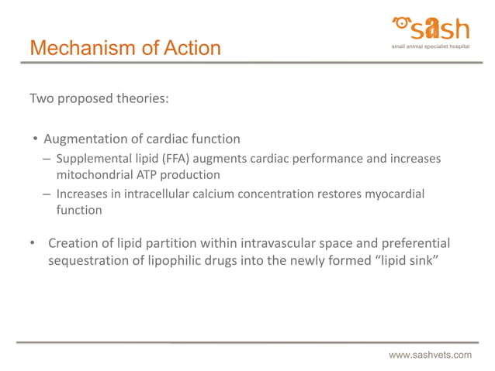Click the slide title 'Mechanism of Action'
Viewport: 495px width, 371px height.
coord(125,48)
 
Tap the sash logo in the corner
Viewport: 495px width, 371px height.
coord(431,29)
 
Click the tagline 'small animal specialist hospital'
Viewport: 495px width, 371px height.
coord(431,46)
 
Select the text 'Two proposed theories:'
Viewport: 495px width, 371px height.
coord(99,99)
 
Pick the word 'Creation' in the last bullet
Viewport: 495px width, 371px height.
coord(75,243)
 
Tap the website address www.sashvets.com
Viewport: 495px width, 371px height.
coord(430,355)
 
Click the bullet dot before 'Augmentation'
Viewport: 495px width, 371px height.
coord(35,140)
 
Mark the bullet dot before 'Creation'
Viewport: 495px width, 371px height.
coord(32,244)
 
